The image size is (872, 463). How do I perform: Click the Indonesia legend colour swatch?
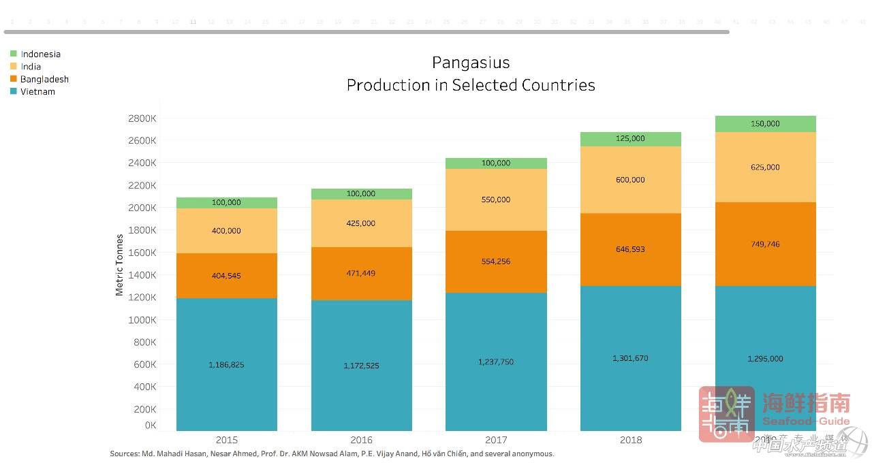click(14, 54)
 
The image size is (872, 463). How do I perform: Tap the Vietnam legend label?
click(37, 92)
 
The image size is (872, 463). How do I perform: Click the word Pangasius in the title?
click(471, 63)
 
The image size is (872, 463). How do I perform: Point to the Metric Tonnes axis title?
click(119, 265)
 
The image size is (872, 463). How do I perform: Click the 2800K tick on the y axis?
click(142, 118)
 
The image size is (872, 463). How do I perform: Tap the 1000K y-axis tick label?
click(142, 320)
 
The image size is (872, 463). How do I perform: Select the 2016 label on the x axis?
click(361, 440)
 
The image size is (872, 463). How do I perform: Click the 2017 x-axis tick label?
click(496, 440)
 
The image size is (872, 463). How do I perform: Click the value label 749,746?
click(765, 243)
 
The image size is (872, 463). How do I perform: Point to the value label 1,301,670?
click(630, 358)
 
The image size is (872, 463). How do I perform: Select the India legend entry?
click(31, 67)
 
